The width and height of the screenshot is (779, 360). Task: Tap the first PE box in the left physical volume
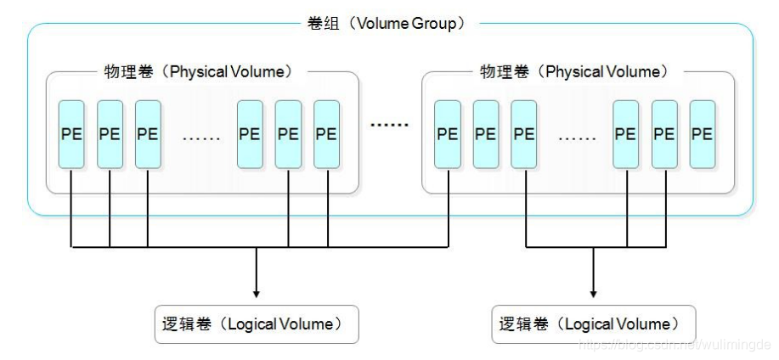point(71,134)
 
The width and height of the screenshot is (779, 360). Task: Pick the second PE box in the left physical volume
point(110,134)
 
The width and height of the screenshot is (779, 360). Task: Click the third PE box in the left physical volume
point(148,134)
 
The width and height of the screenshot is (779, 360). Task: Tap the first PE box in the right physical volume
point(448,134)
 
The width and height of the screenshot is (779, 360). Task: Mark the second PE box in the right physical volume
point(486,134)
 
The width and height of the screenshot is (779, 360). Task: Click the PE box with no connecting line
point(702,134)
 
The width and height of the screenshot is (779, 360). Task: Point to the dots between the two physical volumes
point(389,126)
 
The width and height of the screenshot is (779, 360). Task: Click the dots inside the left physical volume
point(202,137)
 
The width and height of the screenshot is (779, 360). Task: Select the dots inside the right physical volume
point(577,137)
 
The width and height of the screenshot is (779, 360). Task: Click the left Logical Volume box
point(256,323)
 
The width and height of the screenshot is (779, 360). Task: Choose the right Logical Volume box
point(593,323)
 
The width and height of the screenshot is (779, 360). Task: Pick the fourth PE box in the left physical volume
point(250,134)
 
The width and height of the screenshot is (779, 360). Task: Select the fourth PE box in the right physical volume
point(625,134)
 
